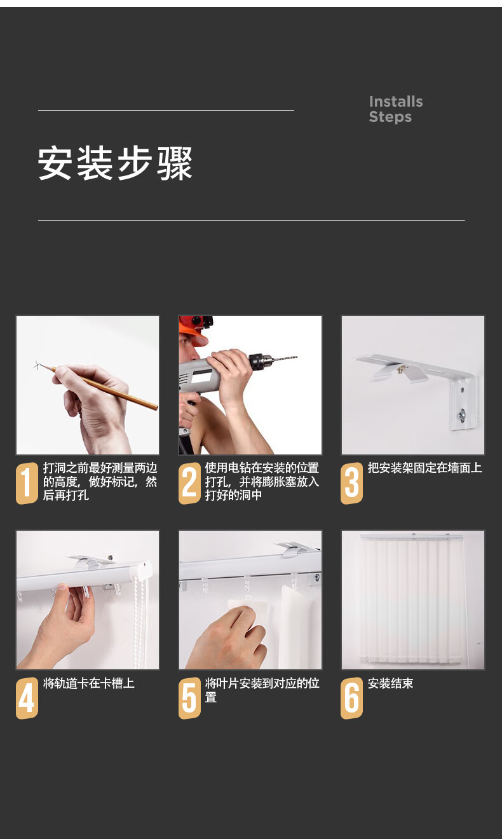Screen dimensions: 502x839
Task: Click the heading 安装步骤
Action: tap(115, 163)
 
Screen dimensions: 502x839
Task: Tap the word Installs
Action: tap(396, 102)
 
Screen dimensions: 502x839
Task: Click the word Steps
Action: tap(390, 117)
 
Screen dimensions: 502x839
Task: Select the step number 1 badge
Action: tap(27, 483)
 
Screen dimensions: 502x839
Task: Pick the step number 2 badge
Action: tap(189, 483)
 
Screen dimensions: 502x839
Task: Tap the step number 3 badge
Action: tap(351, 483)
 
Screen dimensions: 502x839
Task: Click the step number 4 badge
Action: tap(27, 698)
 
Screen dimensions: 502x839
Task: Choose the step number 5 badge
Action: tap(189, 698)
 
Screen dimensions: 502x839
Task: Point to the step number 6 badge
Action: tap(351, 698)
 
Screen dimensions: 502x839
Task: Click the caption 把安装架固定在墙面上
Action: tap(424, 468)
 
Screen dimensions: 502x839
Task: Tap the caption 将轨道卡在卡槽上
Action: tap(89, 683)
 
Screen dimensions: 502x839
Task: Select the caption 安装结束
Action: tap(390, 683)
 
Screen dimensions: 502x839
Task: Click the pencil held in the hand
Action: tap(105, 388)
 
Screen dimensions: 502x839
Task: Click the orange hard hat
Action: tap(194, 330)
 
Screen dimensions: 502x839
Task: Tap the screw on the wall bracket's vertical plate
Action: tap(461, 414)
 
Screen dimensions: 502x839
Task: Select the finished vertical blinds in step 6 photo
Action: tap(412, 599)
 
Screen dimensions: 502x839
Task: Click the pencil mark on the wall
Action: tap(37, 365)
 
